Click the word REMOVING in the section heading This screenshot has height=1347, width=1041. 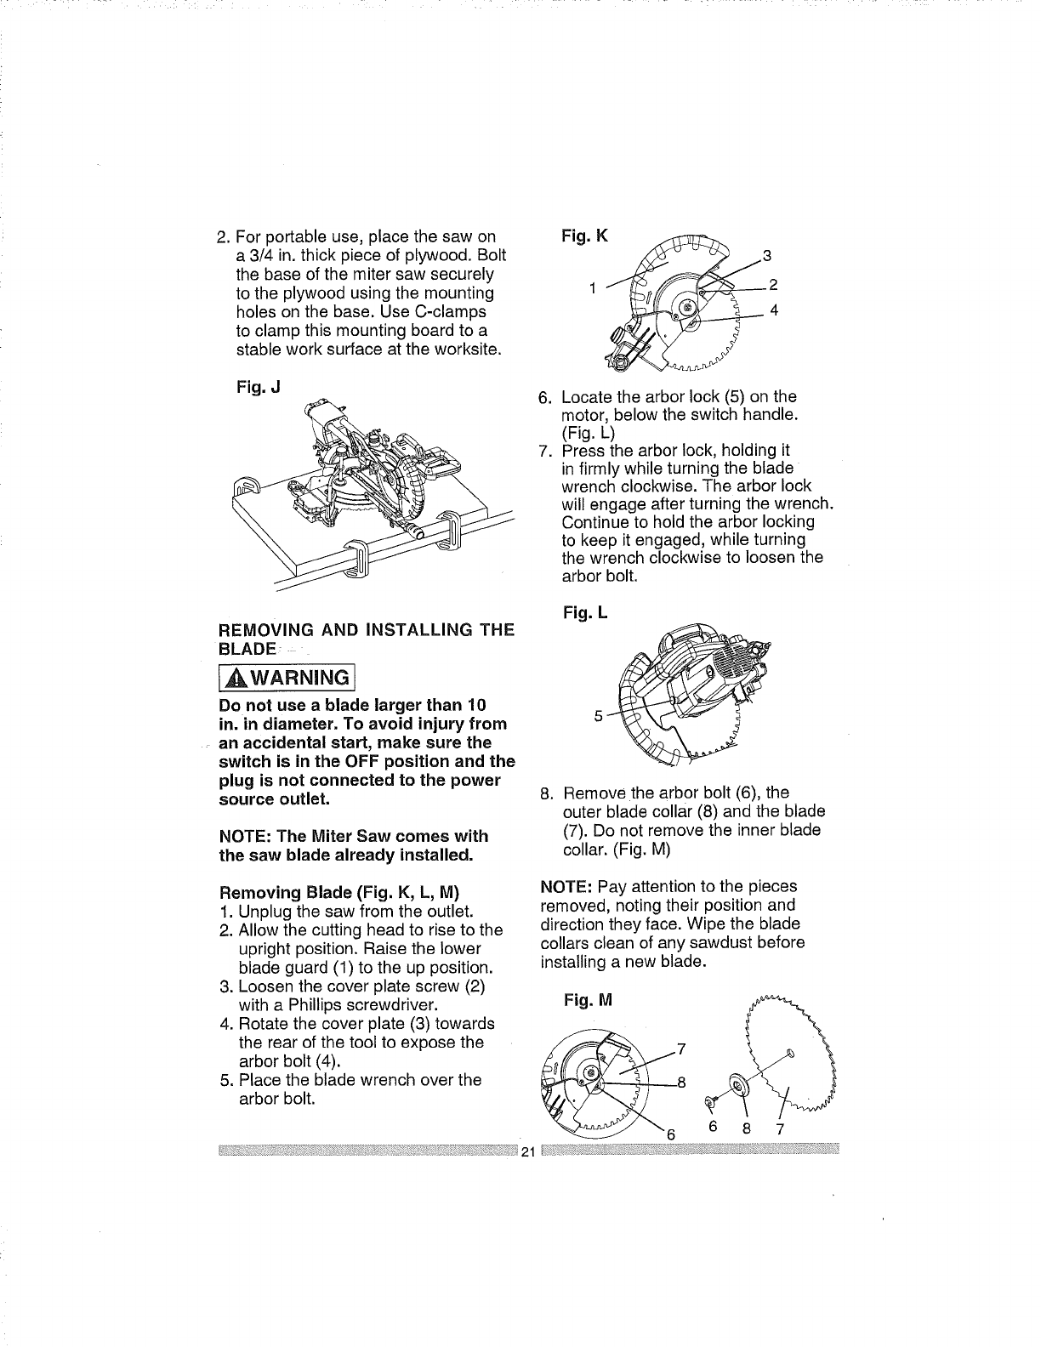(x=261, y=630)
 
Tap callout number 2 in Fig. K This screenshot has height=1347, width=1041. (x=773, y=284)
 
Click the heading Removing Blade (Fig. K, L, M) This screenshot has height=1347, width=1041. (x=338, y=893)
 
